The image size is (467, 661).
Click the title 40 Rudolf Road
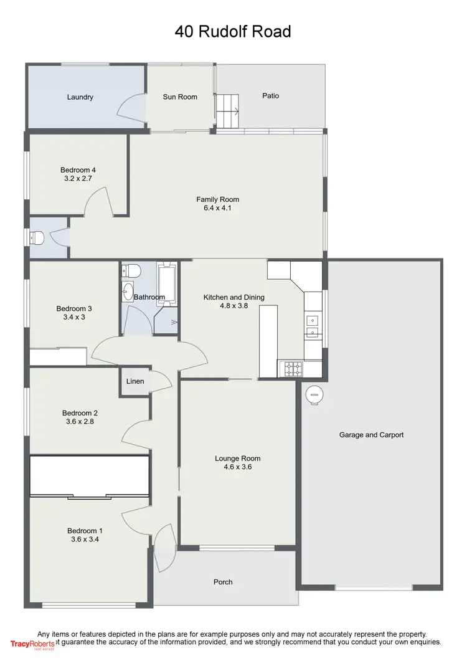pyautogui.click(x=233, y=31)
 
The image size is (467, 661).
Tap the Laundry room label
pyautogui.click(x=80, y=97)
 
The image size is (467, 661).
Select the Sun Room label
pyautogui.click(x=180, y=97)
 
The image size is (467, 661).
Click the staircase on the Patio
pyautogui.click(x=228, y=110)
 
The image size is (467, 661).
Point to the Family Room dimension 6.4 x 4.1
pyautogui.click(x=217, y=209)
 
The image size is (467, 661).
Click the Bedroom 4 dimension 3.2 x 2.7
pyautogui.click(x=78, y=179)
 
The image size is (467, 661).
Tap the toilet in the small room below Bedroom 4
pyautogui.click(x=37, y=237)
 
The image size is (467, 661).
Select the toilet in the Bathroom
pyautogui.click(x=131, y=270)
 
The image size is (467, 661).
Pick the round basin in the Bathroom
pyautogui.click(x=128, y=290)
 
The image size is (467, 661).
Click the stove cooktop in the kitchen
pyautogui.click(x=291, y=368)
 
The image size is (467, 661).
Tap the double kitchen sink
pyautogui.click(x=313, y=328)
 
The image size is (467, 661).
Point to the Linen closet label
pyautogui.click(x=135, y=381)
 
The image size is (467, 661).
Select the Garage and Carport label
pyautogui.click(x=371, y=435)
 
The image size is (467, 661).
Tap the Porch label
pyautogui.click(x=223, y=582)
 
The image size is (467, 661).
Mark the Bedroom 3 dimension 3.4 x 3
pyautogui.click(x=74, y=317)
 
